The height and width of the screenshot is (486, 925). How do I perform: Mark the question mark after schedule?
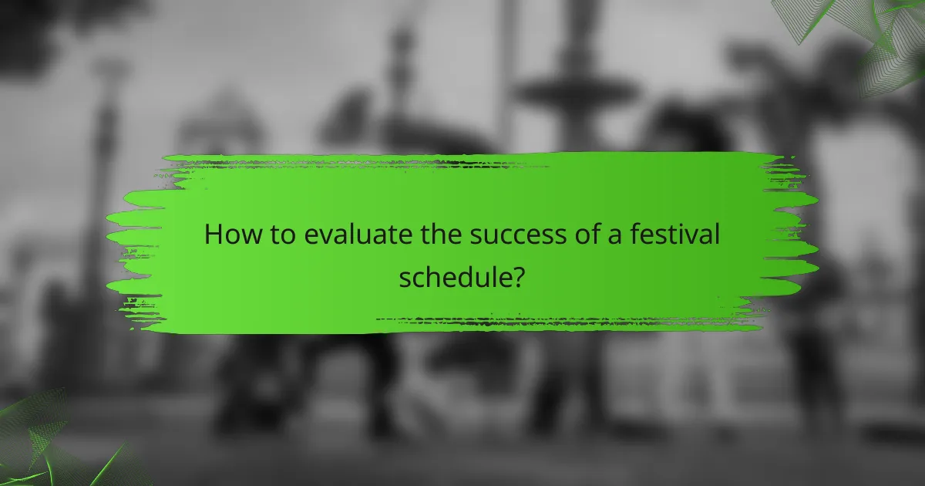coord(519,275)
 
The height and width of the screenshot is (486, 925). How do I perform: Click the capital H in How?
coord(213,235)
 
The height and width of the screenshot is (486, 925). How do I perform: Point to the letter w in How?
coord(248,237)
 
